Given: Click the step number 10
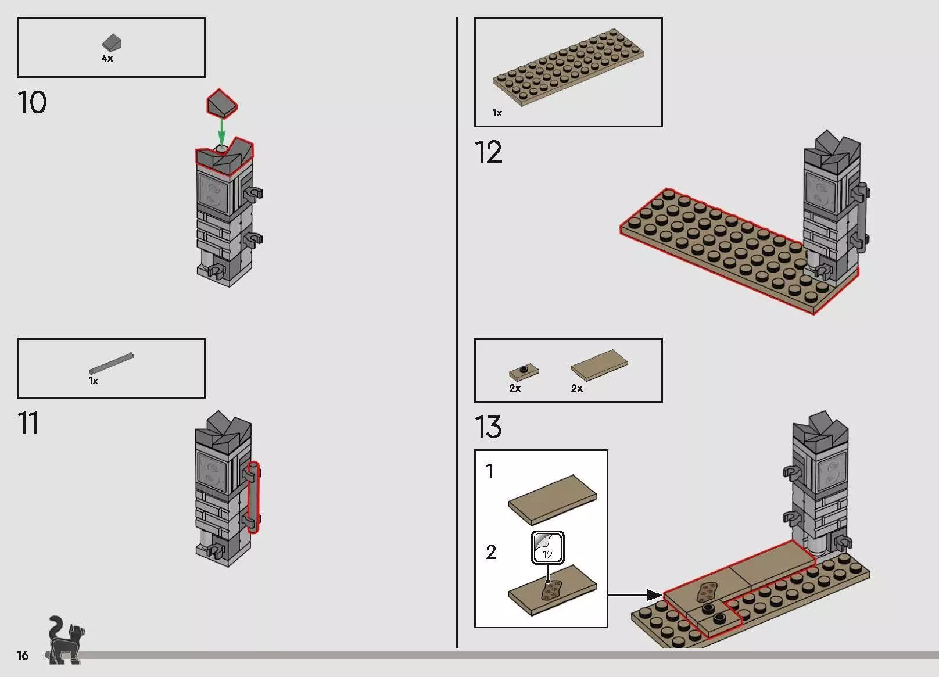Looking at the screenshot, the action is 32,102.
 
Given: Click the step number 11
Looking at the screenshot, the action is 28,423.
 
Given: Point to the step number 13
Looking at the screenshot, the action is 488,427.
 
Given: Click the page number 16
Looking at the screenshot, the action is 23,655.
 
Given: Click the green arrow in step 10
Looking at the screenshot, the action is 221,132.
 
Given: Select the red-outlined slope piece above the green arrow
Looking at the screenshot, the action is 222,103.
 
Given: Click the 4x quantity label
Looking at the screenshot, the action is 107,58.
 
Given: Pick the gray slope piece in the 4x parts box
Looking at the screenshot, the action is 111,43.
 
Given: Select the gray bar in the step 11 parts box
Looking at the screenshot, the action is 112,363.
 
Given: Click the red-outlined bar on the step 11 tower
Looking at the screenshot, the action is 253,497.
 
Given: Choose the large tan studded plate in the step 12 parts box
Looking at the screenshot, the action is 568,67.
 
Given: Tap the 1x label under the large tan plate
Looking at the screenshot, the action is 497,113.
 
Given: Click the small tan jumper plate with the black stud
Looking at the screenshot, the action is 524,372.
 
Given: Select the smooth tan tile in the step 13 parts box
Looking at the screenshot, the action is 600,365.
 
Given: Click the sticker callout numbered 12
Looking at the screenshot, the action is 547,548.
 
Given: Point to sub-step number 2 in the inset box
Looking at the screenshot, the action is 492,551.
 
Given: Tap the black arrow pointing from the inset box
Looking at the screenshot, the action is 635,594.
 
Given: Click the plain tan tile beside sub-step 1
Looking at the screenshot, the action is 552,500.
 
